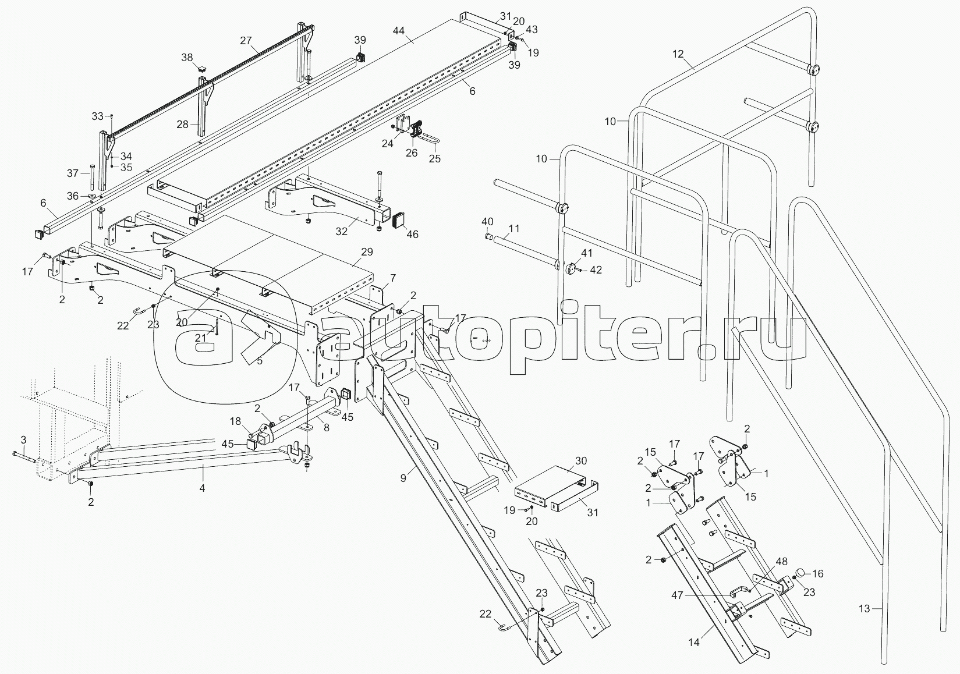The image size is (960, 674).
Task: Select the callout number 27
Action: pyautogui.click(x=246, y=41)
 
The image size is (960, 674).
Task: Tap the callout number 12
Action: pyautogui.click(x=678, y=54)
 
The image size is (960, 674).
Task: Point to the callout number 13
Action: pyautogui.click(x=864, y=609)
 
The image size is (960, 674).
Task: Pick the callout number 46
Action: pyautogui.click(x=412, y=235)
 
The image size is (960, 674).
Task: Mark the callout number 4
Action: pyautogui.click(x=202, y=488)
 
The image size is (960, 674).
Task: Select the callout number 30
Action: pyautogui.click(x=581, y=460)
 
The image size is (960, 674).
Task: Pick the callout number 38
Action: pyautogui.click(x=187, y=57)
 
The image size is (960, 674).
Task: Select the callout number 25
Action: pyautogui.click(x=435, y=158)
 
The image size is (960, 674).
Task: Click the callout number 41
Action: pyautogui.click(x=586, y=253)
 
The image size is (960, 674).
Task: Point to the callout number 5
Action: pyautogui.click(x=259, y=360)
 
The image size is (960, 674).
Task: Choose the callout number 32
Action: pyautogui.click(x=342, y=231)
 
